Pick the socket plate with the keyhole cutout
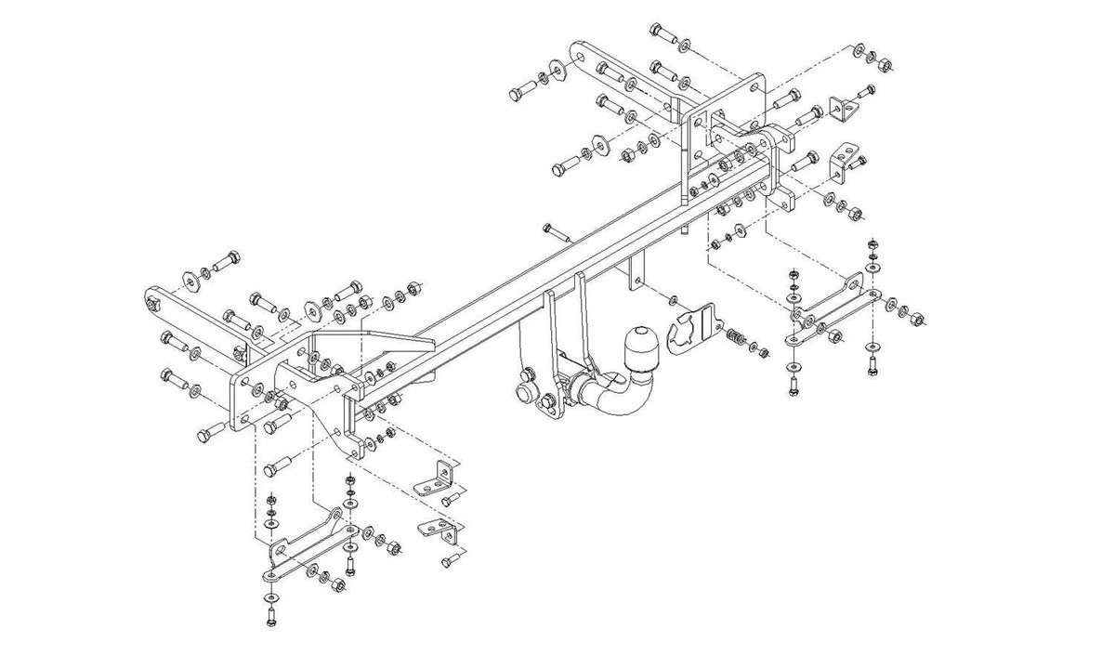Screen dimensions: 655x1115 [x=692, y=331]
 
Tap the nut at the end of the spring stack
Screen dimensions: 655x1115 [x=764, y=352]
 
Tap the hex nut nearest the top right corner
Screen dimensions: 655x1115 [x=885, y=65]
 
